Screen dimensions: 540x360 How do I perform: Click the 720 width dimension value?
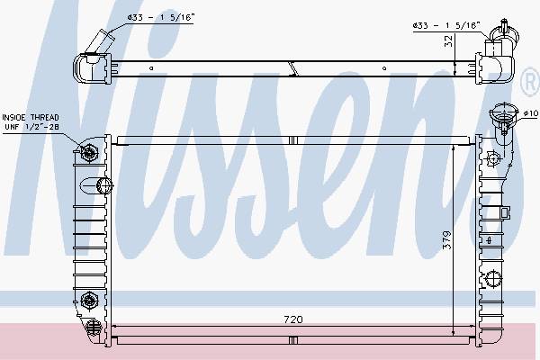click(x=293, y=319)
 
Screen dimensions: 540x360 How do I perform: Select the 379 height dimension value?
click(x=446, y=239)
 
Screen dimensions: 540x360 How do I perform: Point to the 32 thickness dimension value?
click(x=448, y=41)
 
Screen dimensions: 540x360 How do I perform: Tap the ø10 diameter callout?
click(x=530, y=113)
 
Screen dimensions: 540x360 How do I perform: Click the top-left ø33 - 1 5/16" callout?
click(x=161, y=18)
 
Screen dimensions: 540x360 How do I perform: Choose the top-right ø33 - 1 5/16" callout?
click(x=446, y=25)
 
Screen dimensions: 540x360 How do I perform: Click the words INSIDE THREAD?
click(x=31, y=118)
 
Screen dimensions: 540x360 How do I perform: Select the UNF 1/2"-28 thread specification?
click(x=32, y=127)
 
